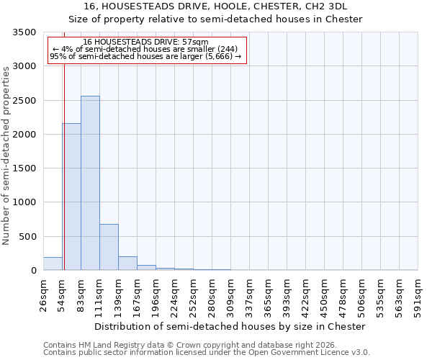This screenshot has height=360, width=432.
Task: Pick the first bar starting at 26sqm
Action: pos(53,264)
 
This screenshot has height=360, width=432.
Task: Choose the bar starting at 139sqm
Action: pos(127,263)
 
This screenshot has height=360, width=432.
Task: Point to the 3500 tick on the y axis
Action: pos(24,33)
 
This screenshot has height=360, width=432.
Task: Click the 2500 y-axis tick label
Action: pos(24,101)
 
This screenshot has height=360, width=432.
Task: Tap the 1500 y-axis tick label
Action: pos(24,168)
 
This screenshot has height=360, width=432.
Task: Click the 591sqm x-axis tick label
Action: pos(418,295)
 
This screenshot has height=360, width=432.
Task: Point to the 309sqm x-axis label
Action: pos(231,295)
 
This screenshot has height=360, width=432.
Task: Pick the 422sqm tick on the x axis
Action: pos(306,295)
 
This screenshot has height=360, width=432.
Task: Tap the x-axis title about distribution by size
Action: pos(230,326)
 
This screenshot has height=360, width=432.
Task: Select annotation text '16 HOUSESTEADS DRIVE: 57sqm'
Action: pos(145,42)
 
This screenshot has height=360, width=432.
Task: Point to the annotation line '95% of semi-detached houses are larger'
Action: pos(145,57)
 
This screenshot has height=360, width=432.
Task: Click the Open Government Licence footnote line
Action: pos(207,353)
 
